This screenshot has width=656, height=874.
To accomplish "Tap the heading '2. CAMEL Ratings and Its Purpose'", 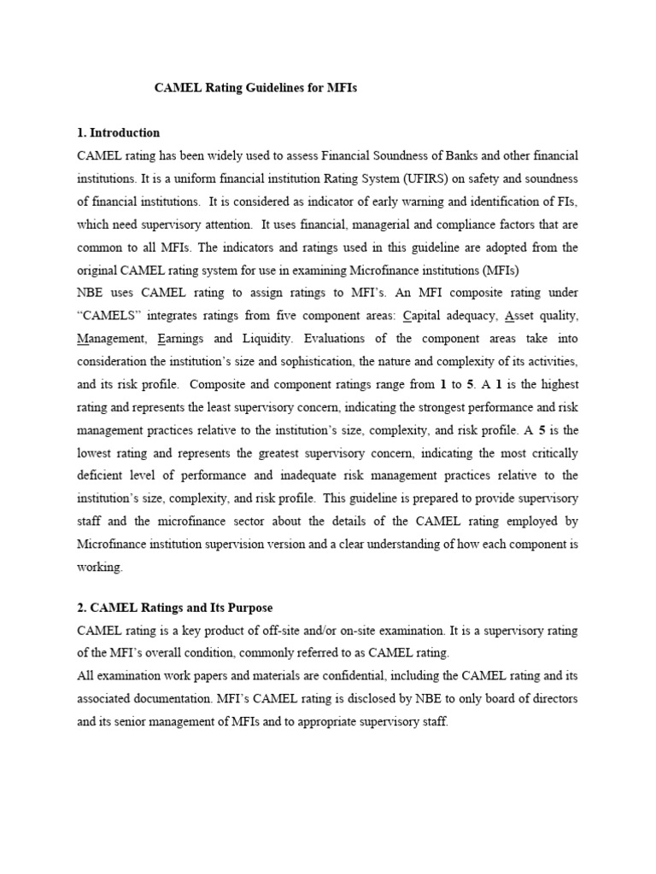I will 174,608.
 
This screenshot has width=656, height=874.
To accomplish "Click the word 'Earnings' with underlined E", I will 182,339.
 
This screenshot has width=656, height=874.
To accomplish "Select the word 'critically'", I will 551,452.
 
